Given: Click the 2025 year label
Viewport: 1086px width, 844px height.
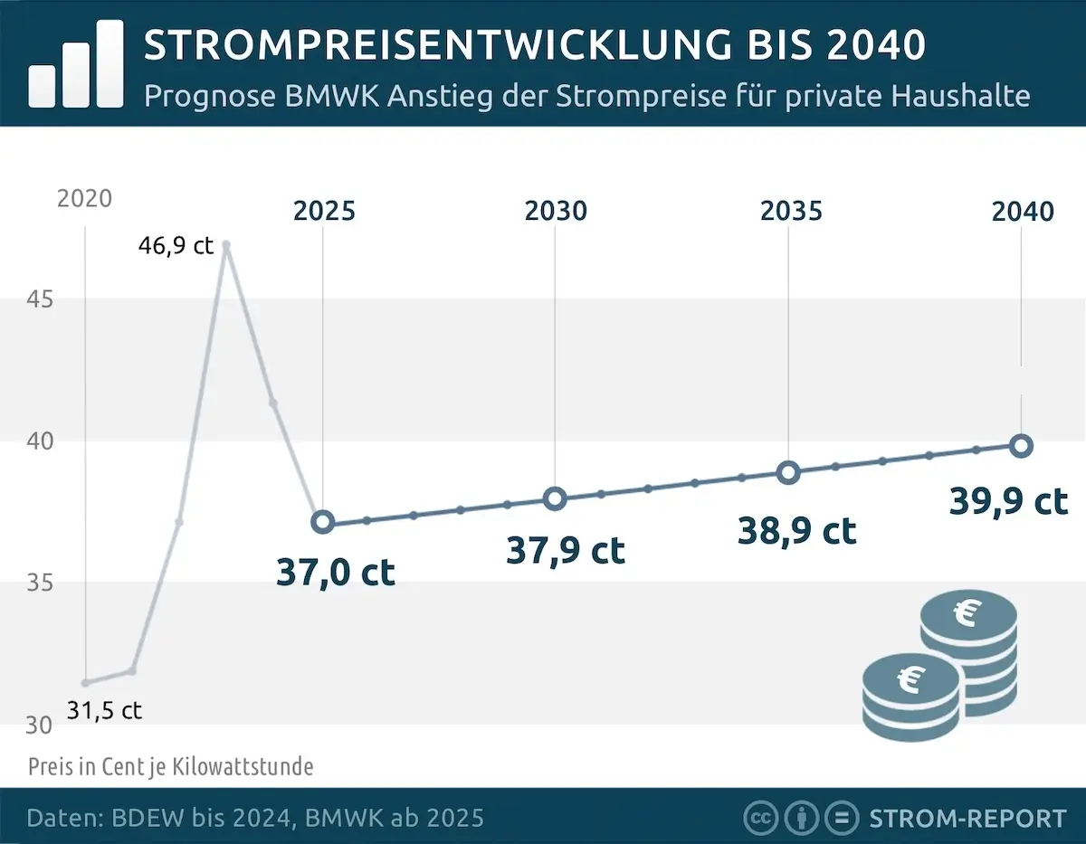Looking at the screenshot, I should tap(324, 212).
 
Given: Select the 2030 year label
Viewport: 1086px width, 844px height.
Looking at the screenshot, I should tap(556, 212).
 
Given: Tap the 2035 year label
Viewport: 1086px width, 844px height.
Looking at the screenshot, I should tap(791, 212).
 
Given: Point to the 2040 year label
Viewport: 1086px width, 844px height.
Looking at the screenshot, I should tap(1023, 212).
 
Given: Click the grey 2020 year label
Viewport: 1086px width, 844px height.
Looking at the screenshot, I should tap(84, 199).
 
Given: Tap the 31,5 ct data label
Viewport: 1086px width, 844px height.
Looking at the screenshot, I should tap(103, 710).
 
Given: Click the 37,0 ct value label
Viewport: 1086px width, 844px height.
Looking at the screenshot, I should tap(335, 572).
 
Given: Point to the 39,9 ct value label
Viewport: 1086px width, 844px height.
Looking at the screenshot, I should tap(1008, 500).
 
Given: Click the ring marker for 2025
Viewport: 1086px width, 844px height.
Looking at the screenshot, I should tap(323, 522).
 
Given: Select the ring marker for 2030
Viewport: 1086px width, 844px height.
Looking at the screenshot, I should tap(555, 498).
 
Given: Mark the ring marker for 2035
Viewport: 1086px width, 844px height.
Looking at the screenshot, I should tap(788, 472).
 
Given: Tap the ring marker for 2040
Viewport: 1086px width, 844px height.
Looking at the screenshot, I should tap(1021, 445).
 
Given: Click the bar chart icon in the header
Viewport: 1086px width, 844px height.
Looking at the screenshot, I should tap(76, 64).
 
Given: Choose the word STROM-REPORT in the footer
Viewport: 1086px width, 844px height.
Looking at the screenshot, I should tap(967, 819).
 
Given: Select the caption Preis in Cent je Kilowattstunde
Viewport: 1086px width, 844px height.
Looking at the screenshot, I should tap(170, 767).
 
